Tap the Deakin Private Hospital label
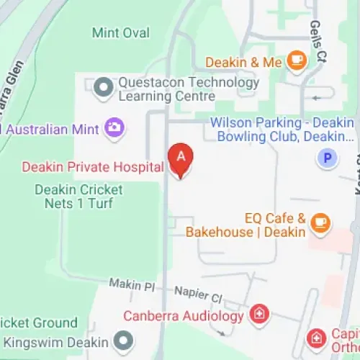point(93,167)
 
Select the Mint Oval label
point(121,33)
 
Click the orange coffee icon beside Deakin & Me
point(296,62)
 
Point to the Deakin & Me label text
point(243,63)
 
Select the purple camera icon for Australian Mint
point(114,128)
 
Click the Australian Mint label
point(54,130)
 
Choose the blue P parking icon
point(328,158)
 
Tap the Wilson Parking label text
point(282,129)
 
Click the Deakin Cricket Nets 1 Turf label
point(79,197)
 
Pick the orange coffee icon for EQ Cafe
point(321,224)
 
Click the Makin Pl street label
point(132,285)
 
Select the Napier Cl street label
point(198,296)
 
